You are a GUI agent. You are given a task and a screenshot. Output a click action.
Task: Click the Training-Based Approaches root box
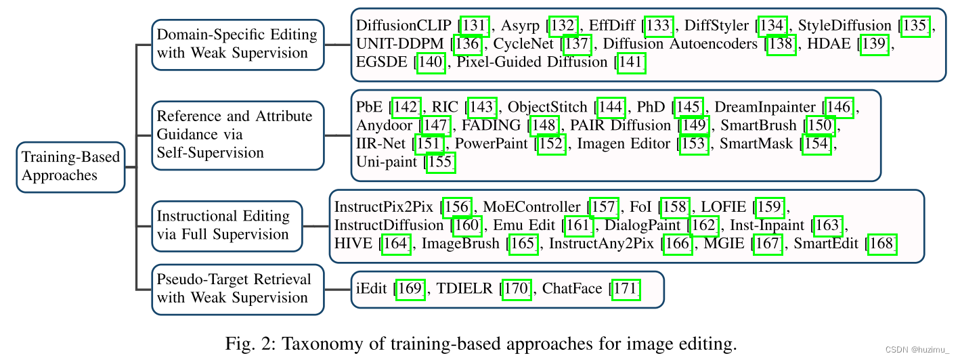(x=70, y=166)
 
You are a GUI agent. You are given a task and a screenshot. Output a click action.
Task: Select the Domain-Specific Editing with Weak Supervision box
(x=237, y=44)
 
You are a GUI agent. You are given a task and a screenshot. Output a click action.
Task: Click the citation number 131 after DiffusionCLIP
(x=474, y=26)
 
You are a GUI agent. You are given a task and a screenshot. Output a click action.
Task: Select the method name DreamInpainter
(x=765, y=107)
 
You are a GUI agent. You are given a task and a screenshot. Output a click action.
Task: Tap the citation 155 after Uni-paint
(x=441, y=162)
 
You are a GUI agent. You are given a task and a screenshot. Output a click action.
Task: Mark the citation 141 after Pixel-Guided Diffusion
(x=632, y=63)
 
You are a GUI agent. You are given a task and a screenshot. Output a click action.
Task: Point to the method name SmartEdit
(x=827, y=244)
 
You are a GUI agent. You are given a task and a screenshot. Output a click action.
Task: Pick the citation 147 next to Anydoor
(x=435, y=125)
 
